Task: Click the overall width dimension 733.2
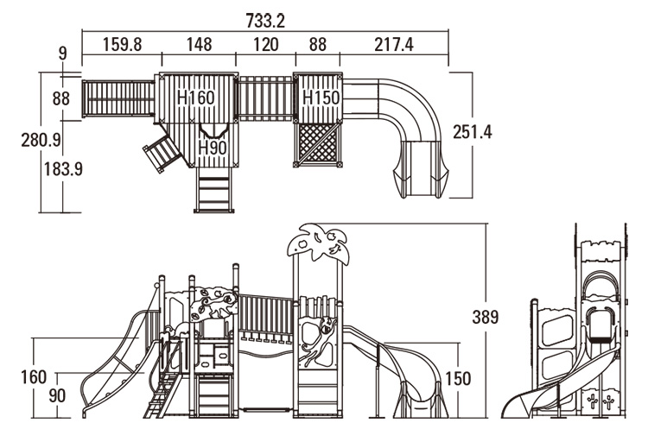pyautogui.click(x=265, y=21)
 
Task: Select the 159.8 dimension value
pyautogui.click(x=123, y=45)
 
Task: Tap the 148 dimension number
pyautogui.click(x=199, y=45)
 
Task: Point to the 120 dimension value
pyautogui.click(x=266, y=45)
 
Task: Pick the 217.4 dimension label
pyautogui.click(x=394, y=45)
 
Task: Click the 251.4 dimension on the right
pyautogui.click(x=473, y=132)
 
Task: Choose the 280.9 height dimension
pyautogui.click(x=41, y=141)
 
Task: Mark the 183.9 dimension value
pyautogui.click(x=63, y=169)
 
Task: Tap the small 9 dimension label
pyautogui.click(x=62, y=54)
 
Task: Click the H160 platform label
pyautogui.click(x=196, y=98)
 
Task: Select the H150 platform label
pyautogui.click(x=321, y=98)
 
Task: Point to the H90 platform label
pyautogui.click(x=213, y=148)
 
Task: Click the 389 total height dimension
pyautogui.click(x=486, y=317)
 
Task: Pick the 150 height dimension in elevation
pyautogui.click(x=458, y=379)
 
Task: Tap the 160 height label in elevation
pyautogui.click(x=34, y=377)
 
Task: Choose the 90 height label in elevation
pyautogui.click(x=57, y=395)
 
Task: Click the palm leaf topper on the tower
pyautogui.click(x=318, y=243)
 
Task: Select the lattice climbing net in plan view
pyautogui.click(x=317, y=144)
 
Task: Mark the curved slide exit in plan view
pyautogui.click(x=420, y=169)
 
